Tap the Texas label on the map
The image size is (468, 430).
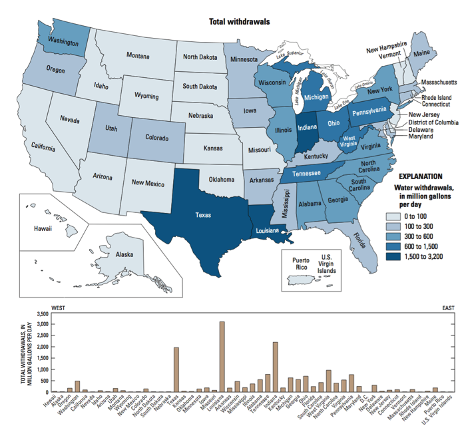click(203, 216)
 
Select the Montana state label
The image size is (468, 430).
click(138, 55)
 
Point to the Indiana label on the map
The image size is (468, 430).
click(307, 126)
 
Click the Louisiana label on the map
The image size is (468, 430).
click(269, 231)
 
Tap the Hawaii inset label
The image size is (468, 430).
click(43, 228)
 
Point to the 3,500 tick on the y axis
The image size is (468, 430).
click(41, 314)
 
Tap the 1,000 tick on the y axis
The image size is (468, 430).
click(41, 369)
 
